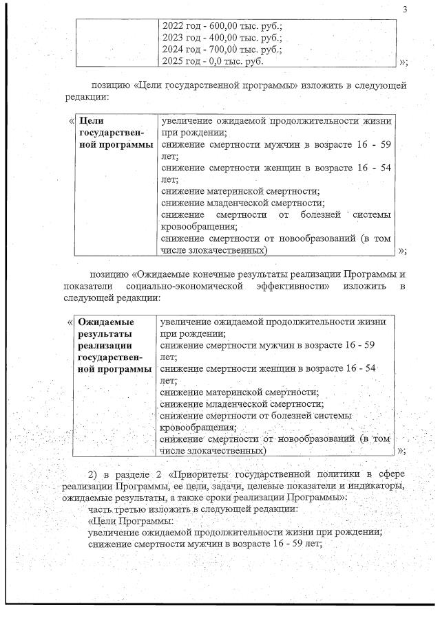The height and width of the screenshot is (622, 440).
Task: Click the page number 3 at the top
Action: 405,9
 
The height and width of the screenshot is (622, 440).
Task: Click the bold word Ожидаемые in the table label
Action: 106,322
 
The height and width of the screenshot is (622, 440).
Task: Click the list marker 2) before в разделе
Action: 94,474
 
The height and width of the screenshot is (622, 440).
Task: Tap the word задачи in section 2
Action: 227,486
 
